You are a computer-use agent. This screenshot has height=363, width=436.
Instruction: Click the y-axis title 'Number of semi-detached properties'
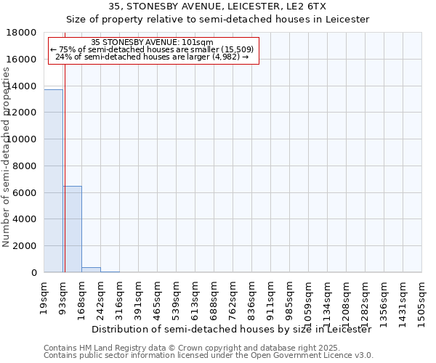(x=7, y=174)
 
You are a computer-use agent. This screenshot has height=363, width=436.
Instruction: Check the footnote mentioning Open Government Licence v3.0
(x=209, y=356)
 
